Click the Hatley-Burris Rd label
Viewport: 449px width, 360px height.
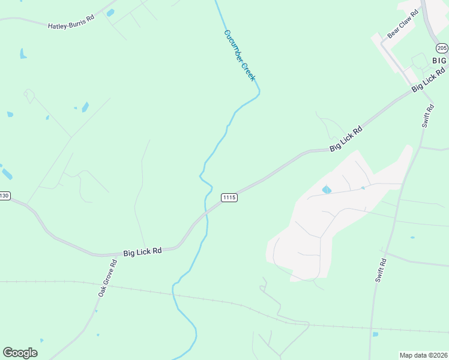71,22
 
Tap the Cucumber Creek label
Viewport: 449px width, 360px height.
240,55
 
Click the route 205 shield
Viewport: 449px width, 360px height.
442,48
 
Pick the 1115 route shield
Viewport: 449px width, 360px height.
229,197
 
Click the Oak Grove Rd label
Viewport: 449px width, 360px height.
107,278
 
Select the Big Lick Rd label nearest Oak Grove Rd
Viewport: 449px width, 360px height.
142,252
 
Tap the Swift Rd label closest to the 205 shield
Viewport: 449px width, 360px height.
427,116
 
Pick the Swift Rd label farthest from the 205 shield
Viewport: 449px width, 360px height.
379,272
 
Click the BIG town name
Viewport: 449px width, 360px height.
439,61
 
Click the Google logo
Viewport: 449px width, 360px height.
20,352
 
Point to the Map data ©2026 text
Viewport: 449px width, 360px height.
423,355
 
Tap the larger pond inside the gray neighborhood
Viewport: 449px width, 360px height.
327,190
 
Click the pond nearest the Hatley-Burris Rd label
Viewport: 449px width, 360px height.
110,13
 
